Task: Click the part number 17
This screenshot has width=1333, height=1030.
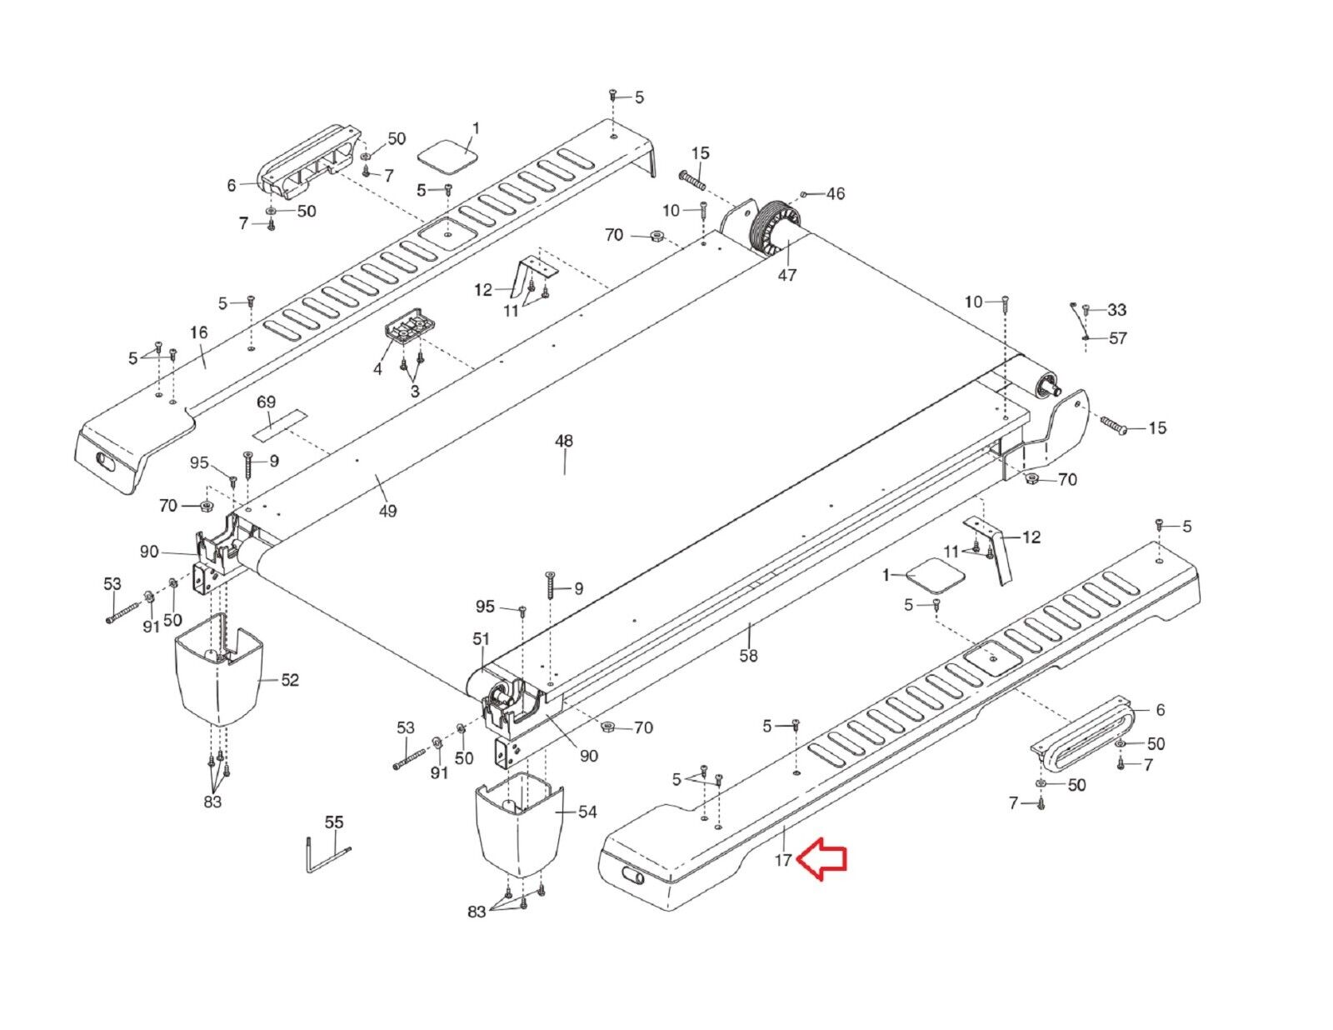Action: pos(783,861)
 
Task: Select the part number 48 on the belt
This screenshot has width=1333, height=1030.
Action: pos(564,441)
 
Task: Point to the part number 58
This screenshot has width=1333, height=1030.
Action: pos(749,656)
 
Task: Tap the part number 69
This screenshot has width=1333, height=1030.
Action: pos(266,402)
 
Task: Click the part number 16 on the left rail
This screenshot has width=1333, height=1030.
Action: pos(198,333)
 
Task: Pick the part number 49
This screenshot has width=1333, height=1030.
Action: pos(387,511)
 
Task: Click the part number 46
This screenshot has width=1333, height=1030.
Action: pos(835,194)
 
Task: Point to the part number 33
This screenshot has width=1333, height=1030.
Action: pos(1116,310)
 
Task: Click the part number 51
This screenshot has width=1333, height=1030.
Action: pos(482,639)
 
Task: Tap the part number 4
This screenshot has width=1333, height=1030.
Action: pos(377,367)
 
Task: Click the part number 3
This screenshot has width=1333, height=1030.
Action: pos(414,391)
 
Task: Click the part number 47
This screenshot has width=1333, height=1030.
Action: pos(787,275)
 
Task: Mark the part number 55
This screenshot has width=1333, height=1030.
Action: pos(333,822)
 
